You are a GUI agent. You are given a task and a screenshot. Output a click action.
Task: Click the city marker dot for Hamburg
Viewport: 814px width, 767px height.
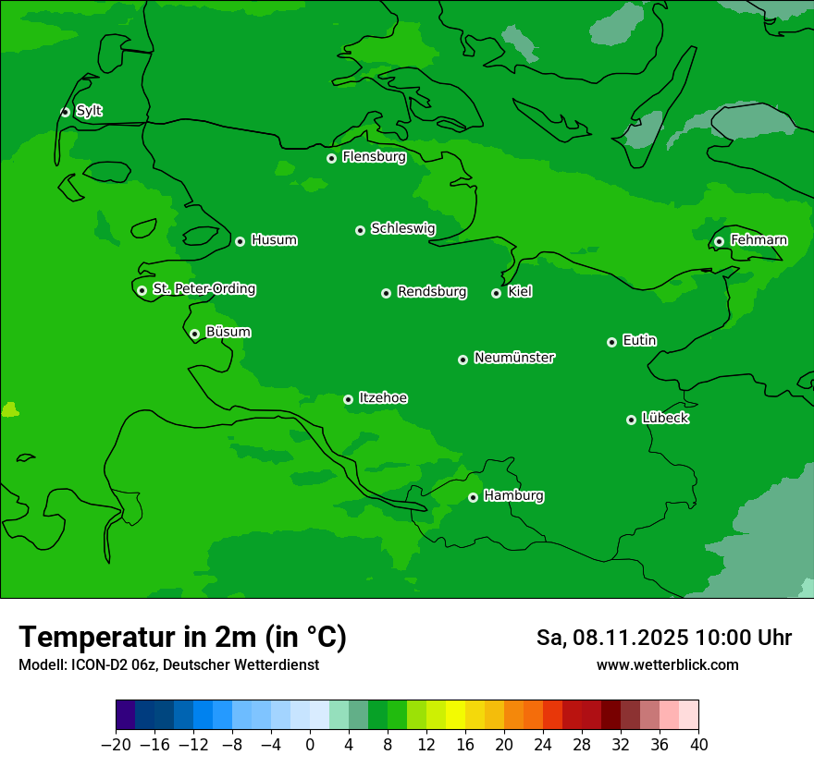click(x=473, y=497)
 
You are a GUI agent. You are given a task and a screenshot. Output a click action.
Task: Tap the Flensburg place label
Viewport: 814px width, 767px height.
click(x=374, y=157)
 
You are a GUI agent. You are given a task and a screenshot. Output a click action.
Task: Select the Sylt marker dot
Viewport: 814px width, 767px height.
click(x=65, y=112)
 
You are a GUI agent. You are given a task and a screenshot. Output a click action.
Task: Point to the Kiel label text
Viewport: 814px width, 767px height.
click(x=520, y=292)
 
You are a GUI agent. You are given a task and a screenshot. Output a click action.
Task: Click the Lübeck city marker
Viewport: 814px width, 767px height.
click(x=631, y=420)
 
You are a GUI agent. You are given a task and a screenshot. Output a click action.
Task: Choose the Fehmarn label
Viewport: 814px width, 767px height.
click(x=758, y=240)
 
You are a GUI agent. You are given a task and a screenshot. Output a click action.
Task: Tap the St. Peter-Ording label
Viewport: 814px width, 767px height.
click(x=203, y=289)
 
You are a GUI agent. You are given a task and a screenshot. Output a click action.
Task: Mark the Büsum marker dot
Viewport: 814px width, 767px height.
click(x=194, y=334)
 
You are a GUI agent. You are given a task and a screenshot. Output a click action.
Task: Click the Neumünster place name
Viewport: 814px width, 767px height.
click(x=514, y=358)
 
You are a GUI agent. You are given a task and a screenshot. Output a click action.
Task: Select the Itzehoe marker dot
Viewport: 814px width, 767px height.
click(x=348, y=399)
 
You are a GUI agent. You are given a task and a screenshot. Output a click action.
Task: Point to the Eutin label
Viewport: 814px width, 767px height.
click(x=639, y=341)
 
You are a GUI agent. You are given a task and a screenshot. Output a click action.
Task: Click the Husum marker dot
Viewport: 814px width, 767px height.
click(x=240, y=241)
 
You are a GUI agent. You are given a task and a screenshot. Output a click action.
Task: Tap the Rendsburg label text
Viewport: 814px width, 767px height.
click(x=432, y=292)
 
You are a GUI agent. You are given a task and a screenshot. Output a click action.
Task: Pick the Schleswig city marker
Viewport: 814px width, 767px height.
click(x=360, y=230)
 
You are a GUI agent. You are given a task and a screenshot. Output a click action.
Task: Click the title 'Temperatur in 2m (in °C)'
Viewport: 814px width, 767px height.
click(x=182, y=637)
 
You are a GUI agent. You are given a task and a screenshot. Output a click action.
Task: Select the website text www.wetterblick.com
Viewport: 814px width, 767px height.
click(x=667, y=664)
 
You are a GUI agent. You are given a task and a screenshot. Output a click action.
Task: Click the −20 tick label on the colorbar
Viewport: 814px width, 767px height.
click(x=116, y=745)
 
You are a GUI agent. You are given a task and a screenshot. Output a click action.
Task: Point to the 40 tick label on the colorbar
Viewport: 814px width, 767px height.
click(x=698, y=745)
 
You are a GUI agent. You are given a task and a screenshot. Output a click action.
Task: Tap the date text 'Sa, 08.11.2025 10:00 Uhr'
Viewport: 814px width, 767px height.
click(x=663, y=638)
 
